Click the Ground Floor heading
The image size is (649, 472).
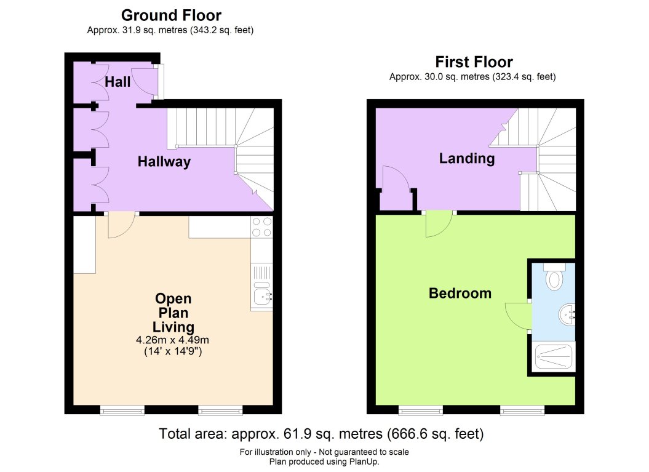[x=171, y=15]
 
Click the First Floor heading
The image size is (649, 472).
[x=474, y=62]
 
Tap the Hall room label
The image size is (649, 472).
[x=117, y=81]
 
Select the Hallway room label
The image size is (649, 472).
[x=164, y=162]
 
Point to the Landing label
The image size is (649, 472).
[x=466, y=159]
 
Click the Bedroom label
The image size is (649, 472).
[x=460, y=293]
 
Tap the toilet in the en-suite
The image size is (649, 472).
[x=554, y=278]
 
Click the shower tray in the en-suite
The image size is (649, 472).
[x=554, y=356]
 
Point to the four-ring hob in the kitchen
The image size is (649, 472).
[x=262, y=227]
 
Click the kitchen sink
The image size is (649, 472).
[x=263, y=297]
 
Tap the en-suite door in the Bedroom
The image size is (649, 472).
[x=517, y=316]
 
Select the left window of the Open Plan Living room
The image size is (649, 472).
[x=122, y=409]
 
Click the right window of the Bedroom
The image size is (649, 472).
[x=522, y=409]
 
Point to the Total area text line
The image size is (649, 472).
[x=321, y=434]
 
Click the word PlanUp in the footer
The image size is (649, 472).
[x=363, y=462]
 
